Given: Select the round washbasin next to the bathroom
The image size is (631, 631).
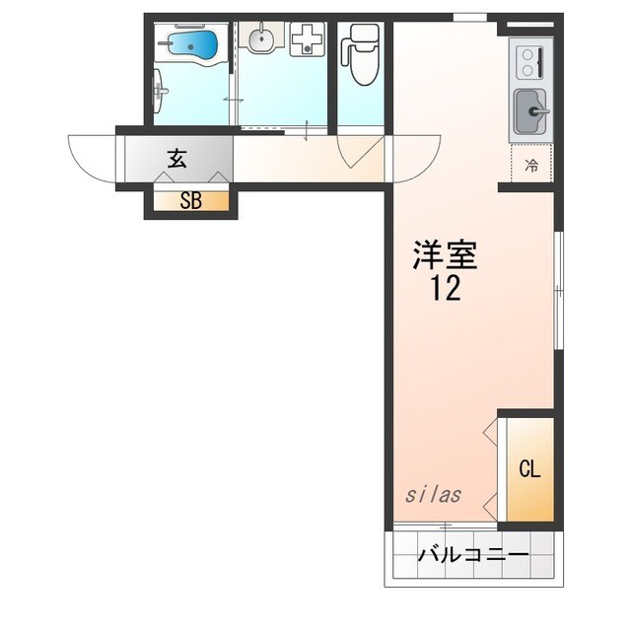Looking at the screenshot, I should [x=260, y=40].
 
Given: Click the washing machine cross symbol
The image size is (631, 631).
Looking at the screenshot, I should [x=307, y=40].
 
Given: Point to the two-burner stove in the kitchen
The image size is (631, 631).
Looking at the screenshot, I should [x=529, y=62].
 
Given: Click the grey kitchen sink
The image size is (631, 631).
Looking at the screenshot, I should [x=531, y=110].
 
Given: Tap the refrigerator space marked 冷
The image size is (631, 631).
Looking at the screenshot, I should [x=531, y=165].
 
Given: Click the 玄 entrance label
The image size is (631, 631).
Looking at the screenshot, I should [x=176, y=157].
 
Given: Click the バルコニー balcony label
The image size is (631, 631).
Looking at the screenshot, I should [x=473, y=554].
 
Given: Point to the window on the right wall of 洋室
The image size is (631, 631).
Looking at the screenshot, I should [x=557, y=290].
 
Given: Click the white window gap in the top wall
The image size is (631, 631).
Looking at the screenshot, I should [x=469, y=16].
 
